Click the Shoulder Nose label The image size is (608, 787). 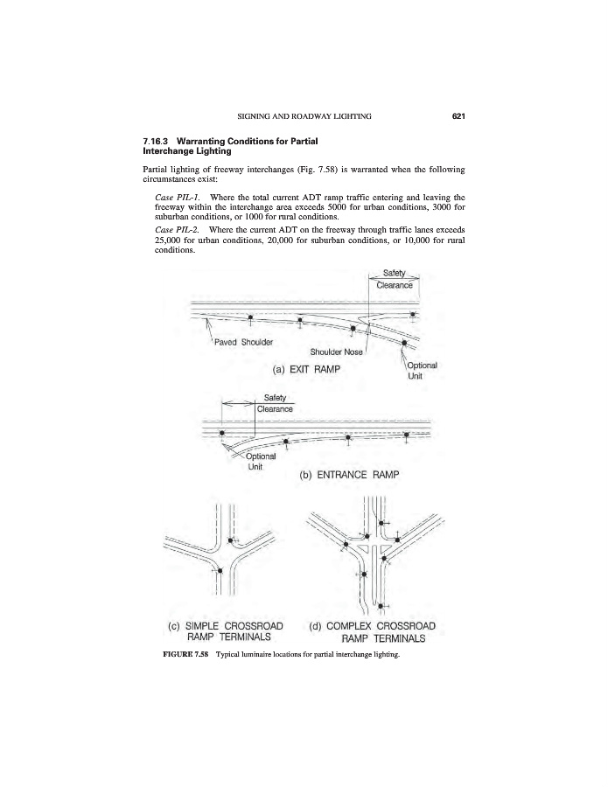[x=337, y=352]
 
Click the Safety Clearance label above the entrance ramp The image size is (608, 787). [x=274, y=403]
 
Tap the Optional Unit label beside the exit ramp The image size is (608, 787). [x=422, y=369]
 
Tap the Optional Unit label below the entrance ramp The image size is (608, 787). [x=260, y=460]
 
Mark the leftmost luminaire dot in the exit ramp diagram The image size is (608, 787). [x=250, y=317]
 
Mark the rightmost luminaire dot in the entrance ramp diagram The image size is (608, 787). [x=405, y=435]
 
